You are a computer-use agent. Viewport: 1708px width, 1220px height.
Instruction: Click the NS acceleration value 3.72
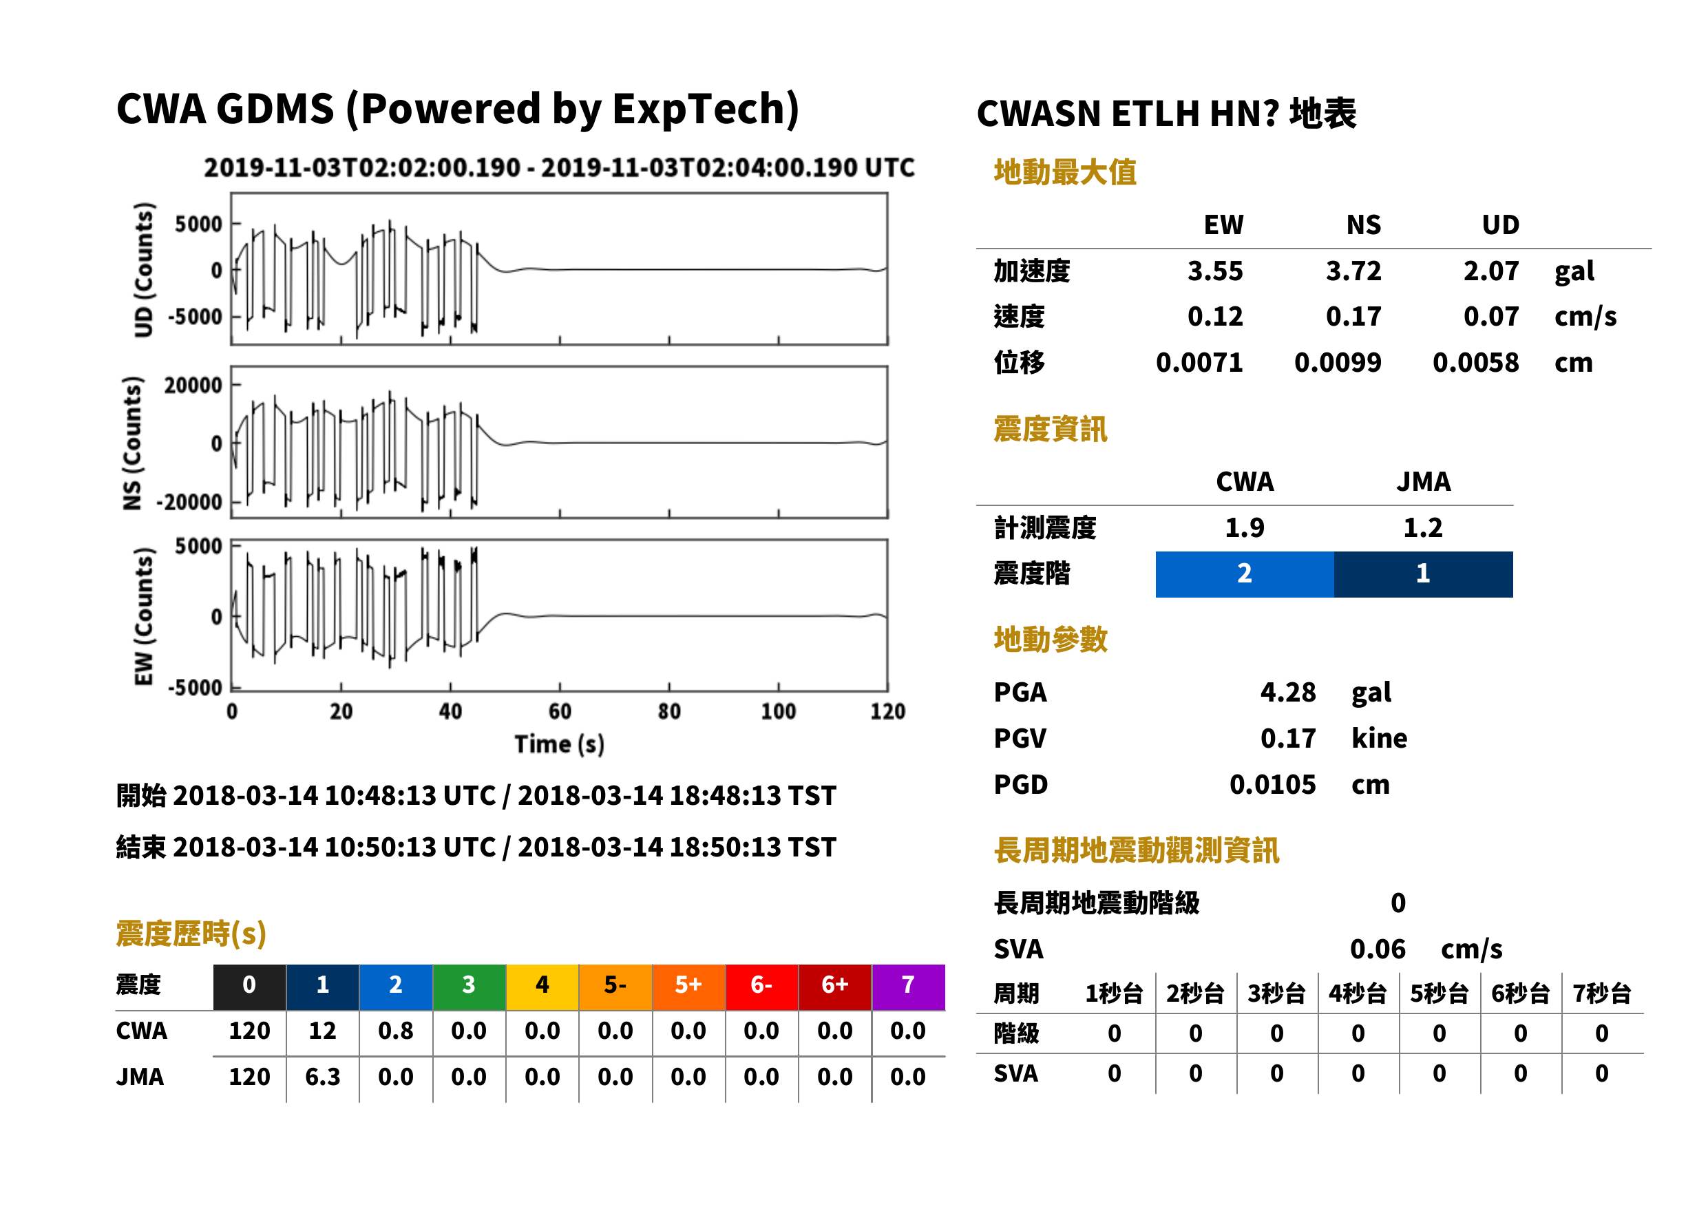[x=1353, y=271]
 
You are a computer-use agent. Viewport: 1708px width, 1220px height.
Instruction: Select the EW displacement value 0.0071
[x=1199, y=362]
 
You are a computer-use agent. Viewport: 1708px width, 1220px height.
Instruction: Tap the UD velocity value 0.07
[x=1491, y=316]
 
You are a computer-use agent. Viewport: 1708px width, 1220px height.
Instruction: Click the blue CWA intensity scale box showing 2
[x=1245, y=574]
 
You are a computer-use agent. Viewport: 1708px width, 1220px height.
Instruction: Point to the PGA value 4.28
[x=1287, y=692]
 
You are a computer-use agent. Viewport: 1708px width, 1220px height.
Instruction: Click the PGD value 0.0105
[x=1272, y=784]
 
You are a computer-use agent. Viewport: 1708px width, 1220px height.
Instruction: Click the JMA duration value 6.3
[x=322, y=1077]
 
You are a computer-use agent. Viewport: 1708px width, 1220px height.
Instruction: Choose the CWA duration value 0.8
[x=396, y=1031]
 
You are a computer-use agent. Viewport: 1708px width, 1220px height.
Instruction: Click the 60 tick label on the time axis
[x=560, y=711]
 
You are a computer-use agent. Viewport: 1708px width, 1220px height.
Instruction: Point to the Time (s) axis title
[x=559, y=744]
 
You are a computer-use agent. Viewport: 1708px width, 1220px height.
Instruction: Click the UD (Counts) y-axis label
[x=143, y=270]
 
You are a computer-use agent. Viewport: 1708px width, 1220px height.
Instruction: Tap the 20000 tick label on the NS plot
[x=193, y=386]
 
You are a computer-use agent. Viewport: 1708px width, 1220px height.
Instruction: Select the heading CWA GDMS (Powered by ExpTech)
[x=457, y=109]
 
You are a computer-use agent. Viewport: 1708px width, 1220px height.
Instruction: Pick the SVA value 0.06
[x=1378, y=949]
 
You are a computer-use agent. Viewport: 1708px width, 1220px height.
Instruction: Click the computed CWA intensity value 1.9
[x=1245, y=527]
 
